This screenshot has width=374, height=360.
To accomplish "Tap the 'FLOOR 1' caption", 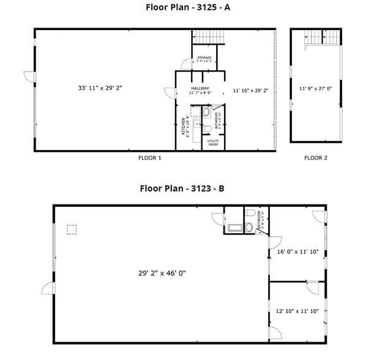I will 150,158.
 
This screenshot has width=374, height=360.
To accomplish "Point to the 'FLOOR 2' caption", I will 316,158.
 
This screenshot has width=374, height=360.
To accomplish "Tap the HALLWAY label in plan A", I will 200,89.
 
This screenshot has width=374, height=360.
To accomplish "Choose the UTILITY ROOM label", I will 213,143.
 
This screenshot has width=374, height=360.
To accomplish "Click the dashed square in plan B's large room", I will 72,230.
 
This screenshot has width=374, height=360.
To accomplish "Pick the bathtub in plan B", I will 234,228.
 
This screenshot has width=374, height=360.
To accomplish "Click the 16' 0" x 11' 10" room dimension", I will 298,251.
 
